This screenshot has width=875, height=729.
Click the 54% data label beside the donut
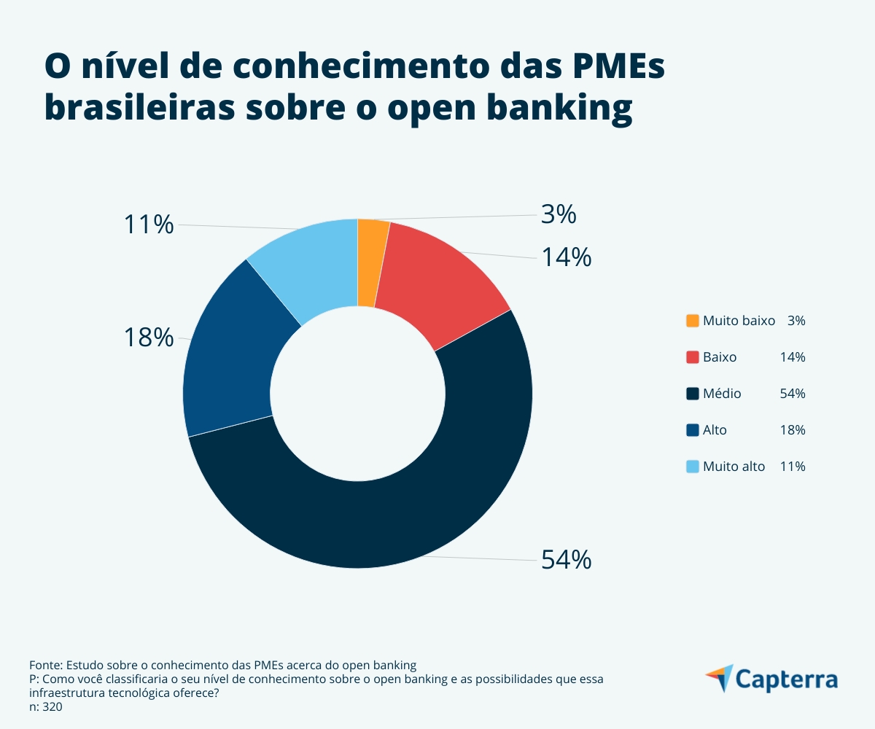pos(566,560)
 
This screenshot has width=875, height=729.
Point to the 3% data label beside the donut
pos(559,214)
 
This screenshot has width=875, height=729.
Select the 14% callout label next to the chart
pos(566,257)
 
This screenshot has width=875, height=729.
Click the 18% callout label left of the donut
pos(149,338)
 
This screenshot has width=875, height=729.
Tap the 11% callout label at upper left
pos(149,225)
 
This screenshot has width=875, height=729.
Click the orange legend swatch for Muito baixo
pos(693,321)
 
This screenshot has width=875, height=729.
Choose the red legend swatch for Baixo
pos(693,357)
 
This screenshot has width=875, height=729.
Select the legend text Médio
pos(722,394)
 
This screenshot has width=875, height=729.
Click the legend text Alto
pos(715,430)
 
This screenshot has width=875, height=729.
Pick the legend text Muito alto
pos(734,467)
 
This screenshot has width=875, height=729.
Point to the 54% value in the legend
pos(793,394)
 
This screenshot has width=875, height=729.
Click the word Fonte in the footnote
pos(45,665)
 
